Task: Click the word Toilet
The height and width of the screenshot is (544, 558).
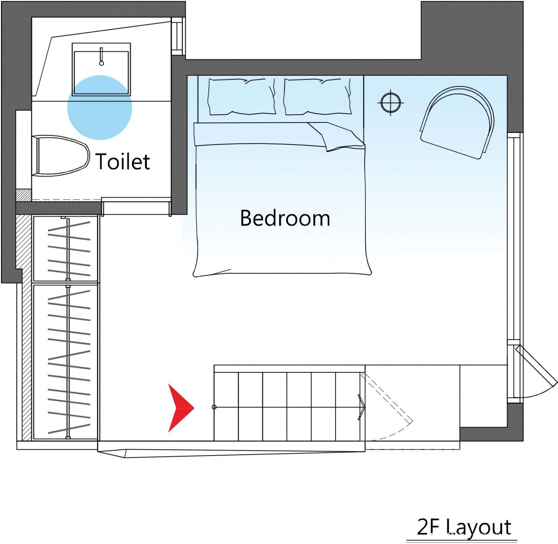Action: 123,161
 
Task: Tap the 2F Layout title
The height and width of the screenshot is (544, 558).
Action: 464,527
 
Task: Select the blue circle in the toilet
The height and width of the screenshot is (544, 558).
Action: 100,108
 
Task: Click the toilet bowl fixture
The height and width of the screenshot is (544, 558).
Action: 61,156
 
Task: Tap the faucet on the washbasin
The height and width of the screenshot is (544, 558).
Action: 101,56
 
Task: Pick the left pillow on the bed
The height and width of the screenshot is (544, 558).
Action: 242,96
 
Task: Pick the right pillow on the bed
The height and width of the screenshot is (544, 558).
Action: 317,96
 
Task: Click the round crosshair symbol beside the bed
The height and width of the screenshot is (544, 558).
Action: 391,102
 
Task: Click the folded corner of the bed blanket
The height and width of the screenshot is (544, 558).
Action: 337,137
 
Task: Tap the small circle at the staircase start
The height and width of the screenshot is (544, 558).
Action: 214,407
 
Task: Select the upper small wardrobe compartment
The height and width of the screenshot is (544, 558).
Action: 65,249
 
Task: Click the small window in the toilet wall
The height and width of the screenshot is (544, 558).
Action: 178,36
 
